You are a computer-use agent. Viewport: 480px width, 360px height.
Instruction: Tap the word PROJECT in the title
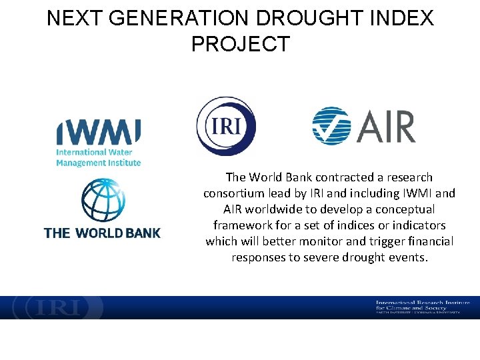(x=240, y=44)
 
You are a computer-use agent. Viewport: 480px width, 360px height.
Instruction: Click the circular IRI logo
(x=226, y=126)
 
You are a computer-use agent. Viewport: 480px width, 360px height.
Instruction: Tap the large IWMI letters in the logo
(x=98, y=132)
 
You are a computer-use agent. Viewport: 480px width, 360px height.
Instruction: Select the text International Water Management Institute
(x=98, y=157)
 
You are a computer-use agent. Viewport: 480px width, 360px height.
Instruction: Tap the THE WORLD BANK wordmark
(x=102, y=233)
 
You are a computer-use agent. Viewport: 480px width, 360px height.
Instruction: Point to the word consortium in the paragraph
(x=235, y=193)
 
